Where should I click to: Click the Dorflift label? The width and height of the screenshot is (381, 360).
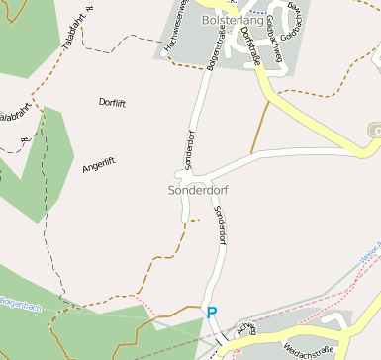pyautogui.click(x=114, y=101)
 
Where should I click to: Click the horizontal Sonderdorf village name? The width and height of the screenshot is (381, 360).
pyautogui.click(x=198, y=188)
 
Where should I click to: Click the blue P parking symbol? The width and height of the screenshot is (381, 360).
pyautogui.click(x=211, y=314)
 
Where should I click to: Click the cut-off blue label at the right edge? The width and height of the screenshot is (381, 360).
pyautogui.click(x=372, y=256)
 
